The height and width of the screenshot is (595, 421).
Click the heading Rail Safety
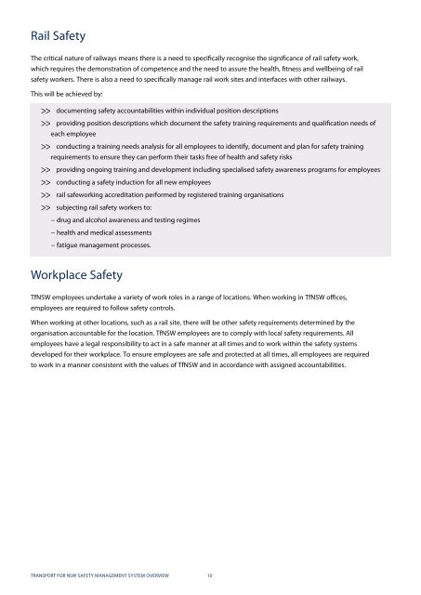point(59,36)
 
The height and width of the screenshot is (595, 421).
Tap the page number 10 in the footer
point(210,575)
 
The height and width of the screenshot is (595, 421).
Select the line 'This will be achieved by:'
point(67,94)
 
